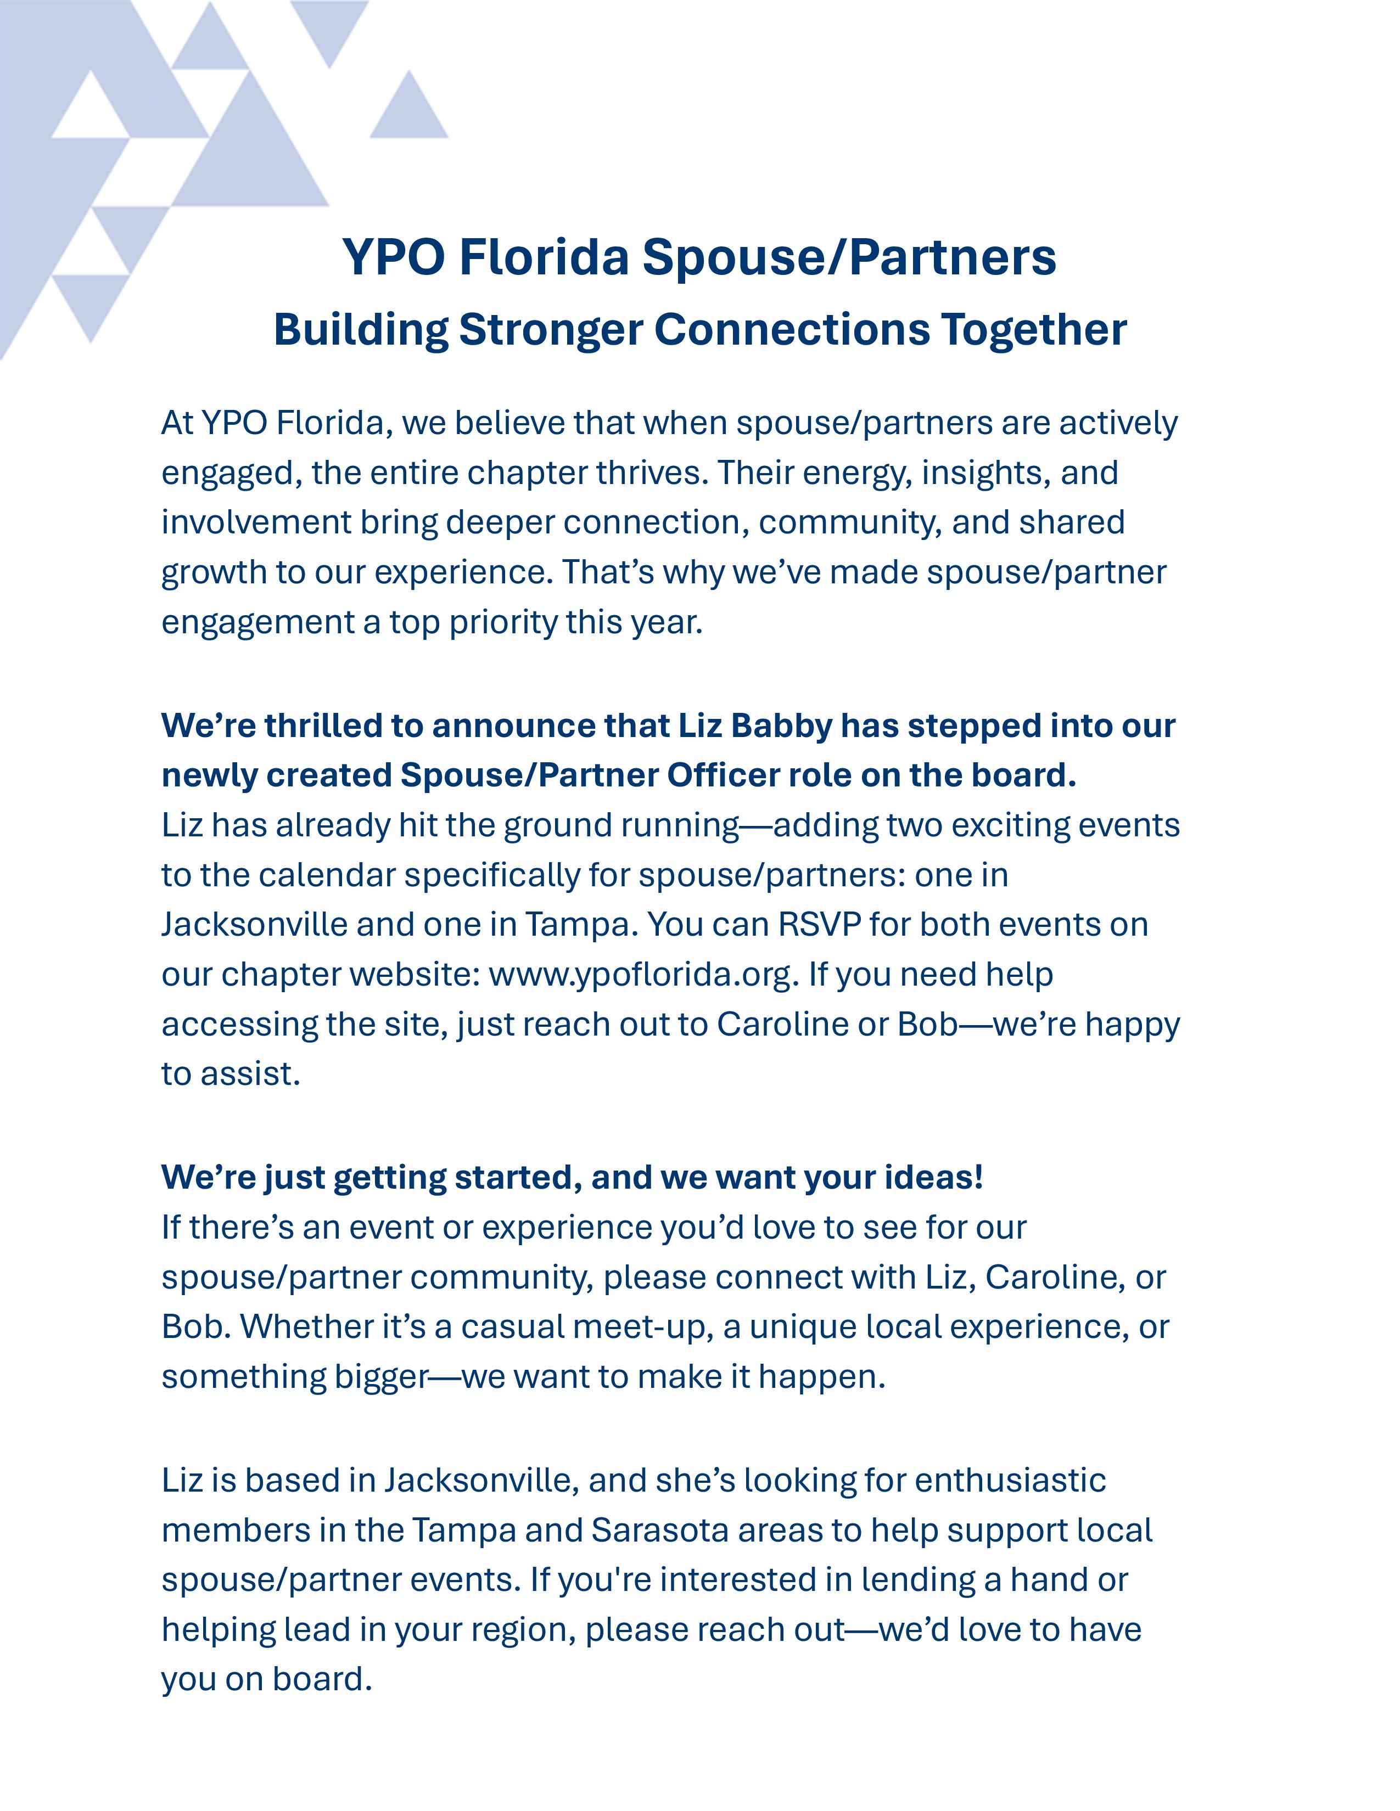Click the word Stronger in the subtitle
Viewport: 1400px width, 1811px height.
pyautogui.click(x=550, y=329)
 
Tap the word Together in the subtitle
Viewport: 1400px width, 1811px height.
pyautogui.click(x=1033, y=329)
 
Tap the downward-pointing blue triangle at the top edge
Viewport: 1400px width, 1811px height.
pyautogui.click(x=329, y=29)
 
